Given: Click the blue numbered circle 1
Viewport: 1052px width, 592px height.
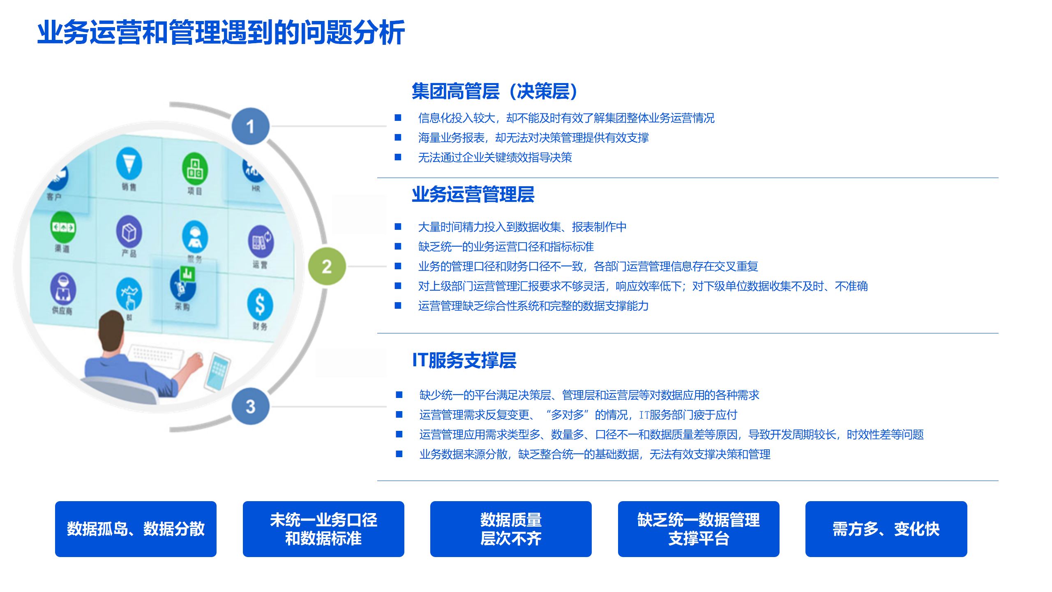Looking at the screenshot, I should tap(250, 126).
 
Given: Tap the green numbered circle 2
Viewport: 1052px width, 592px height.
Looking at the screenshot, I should tap(327, 266).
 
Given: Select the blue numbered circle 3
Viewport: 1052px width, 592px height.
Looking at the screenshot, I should tap(250, 406).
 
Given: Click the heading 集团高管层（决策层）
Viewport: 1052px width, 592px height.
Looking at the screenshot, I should tap(495, 91).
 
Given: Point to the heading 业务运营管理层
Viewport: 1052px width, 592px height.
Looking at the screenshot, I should tap(473, 194).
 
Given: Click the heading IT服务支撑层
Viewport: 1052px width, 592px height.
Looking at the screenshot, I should tap(464, 360).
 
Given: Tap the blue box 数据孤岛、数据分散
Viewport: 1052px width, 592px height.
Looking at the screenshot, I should tap(136, 529).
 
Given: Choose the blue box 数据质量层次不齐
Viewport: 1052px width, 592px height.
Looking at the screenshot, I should tap(511, 529).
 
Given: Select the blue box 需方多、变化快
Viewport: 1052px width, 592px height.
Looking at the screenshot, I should tap(886, 529).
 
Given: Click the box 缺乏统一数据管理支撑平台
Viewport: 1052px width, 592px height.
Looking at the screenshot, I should tap(699, 529).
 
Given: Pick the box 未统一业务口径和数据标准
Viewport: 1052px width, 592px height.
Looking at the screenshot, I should tap(323, 529).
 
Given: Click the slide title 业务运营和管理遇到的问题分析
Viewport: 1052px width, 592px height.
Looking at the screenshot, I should tap(221, 33).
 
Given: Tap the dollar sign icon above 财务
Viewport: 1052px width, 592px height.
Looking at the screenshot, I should tap(260, 304).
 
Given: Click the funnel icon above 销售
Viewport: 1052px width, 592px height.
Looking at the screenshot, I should tap(129, 164).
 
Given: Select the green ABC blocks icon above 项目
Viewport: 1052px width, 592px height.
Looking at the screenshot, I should tap(195, 169).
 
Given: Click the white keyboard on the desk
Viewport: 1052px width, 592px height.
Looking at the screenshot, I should tap(156, 356).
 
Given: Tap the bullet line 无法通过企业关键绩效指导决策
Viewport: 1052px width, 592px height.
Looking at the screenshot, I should tap(495, 157).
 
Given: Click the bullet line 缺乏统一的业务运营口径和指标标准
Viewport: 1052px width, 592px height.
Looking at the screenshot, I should tap(505, 247).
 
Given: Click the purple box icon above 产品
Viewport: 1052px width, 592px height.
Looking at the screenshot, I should tap(129, 231).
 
